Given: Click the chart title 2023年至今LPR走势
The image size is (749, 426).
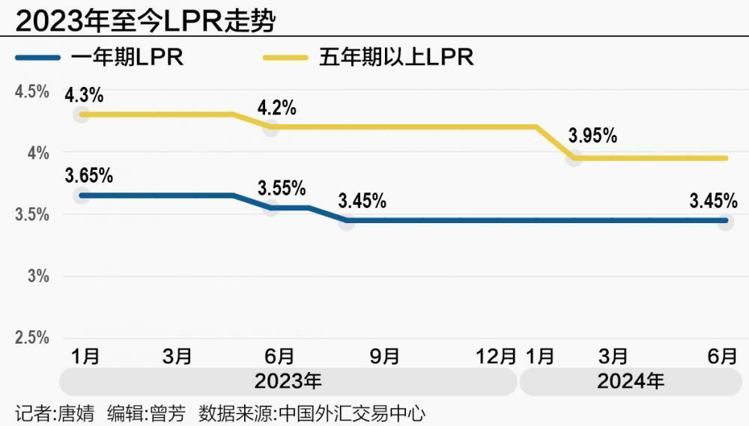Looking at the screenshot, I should click(x=145, y=20).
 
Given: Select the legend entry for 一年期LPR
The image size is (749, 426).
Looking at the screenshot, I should click(x=127, y=58).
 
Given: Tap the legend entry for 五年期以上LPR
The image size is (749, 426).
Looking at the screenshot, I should click(x=396, y=58).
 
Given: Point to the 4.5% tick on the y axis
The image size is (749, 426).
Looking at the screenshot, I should click(x=32, y=92).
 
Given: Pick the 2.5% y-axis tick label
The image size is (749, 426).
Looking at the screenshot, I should click(x=32, y=338).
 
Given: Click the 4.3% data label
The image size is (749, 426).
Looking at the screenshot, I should click(x=84, y=96).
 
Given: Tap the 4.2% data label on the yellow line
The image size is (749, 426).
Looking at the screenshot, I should click(x=277, y=108).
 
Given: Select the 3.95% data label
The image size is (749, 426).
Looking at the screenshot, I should click(x=592, y=136).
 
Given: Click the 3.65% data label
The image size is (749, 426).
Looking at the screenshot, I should click(x=89, y=177).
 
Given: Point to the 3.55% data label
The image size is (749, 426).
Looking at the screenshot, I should click(x=282, y=188).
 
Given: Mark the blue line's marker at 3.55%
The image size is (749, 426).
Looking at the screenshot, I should click(x=271, y=207).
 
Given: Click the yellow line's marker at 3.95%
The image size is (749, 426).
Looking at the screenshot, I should click(x=574, y=158).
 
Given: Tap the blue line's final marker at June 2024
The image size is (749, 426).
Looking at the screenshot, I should click(x=725, y=221).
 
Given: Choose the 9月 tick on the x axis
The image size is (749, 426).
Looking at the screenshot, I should click(x=385, y=356).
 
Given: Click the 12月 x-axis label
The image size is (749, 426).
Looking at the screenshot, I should click(x=496, y=356).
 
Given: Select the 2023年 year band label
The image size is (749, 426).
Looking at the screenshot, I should click(x=288, y=381).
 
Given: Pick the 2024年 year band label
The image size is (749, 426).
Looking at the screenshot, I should click(x=631, y=381).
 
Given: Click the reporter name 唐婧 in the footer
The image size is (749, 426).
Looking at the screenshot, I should click(x=76, y=413).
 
